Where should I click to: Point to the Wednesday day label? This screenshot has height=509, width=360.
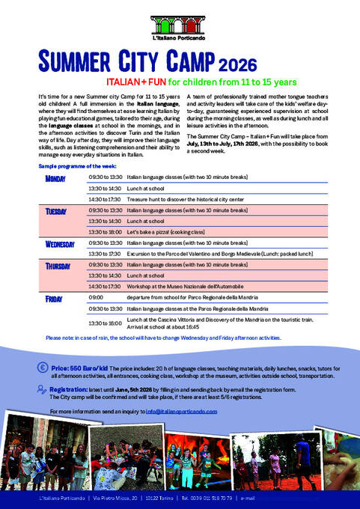(60, 244)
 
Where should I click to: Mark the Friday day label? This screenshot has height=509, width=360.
(54, 298)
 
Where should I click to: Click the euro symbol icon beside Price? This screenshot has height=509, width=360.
(43, 368)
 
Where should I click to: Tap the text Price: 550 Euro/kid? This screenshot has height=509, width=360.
(82, 369)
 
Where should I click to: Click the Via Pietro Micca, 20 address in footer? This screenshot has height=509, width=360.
(125, 499)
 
